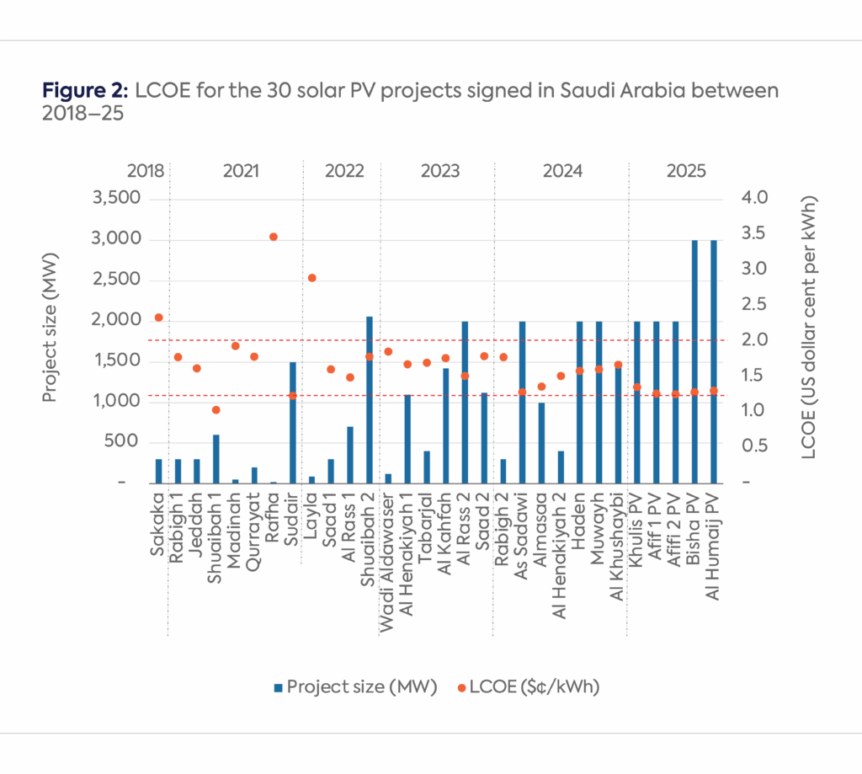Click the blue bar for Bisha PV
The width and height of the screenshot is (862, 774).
coord(694,362)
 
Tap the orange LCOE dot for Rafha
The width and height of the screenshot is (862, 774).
coord(273,237)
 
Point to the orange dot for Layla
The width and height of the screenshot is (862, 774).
coord(311,278)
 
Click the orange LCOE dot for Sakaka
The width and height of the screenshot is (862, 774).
coord(158,318)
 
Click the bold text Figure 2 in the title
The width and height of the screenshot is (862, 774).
coord(83,91)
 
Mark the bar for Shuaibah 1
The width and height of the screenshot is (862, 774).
coord(215,459)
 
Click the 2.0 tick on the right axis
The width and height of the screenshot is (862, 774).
coord(756,340)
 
